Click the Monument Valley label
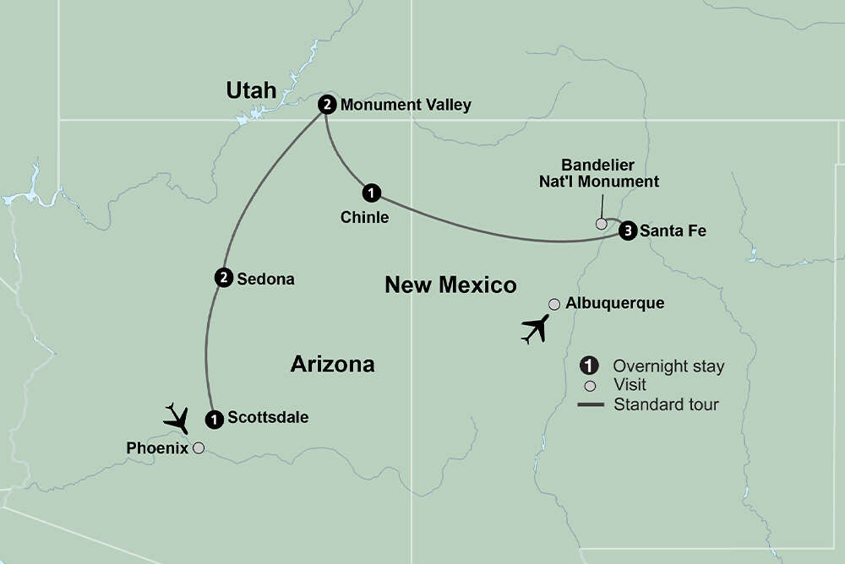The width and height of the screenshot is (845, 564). [x=406, y=105]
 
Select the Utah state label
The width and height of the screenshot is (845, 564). [x=251, y=90]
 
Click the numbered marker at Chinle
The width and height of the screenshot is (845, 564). [x=372, y=193]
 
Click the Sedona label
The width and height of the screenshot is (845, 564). [x=265, y=279]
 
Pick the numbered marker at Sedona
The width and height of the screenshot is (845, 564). [x=224, y=278]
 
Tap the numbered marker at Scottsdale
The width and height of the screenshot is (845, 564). [x=215, y=417]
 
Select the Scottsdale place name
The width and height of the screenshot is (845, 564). [x=268, y=417]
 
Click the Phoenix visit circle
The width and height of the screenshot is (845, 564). [x=199, y=448]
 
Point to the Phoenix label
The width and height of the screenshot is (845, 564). [x=156, y=447]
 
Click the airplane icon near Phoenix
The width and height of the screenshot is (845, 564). [x=177, y=418]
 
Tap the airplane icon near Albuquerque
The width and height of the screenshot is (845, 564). [x=534, y=328]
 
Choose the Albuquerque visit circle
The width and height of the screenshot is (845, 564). [x=554, y=304]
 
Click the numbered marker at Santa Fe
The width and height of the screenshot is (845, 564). [x=626, y=230]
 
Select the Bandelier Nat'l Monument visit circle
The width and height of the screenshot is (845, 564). [x=601, y=224]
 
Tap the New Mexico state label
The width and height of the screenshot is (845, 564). [x=450, y=285]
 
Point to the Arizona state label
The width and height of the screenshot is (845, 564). [x=332, y=364]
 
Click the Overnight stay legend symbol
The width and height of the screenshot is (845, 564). [x=590, y=366]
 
